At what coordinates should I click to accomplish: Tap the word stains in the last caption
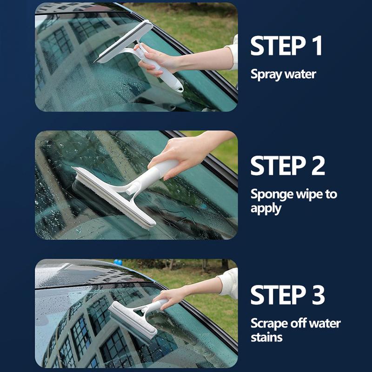tap(266, 337)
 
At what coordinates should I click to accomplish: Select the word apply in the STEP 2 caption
tap(266, 208)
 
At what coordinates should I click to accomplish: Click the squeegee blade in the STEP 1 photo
tap(124, 42)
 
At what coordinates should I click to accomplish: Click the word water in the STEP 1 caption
tap(300, 74)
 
